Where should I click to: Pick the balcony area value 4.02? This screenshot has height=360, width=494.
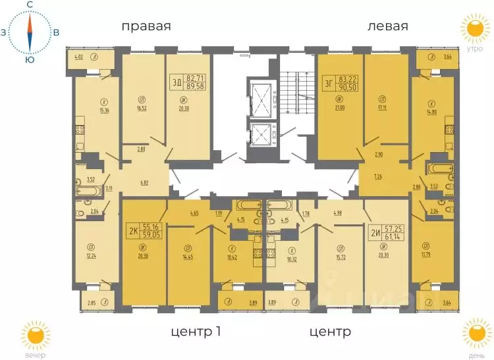tap(78, 57)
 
